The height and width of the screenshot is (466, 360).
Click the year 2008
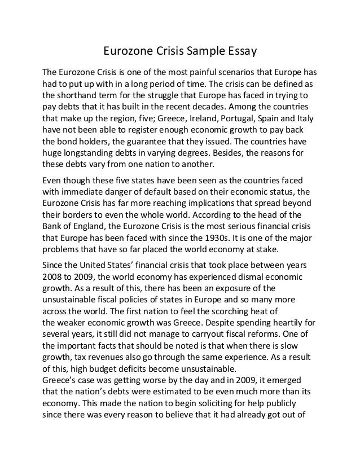55,278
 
